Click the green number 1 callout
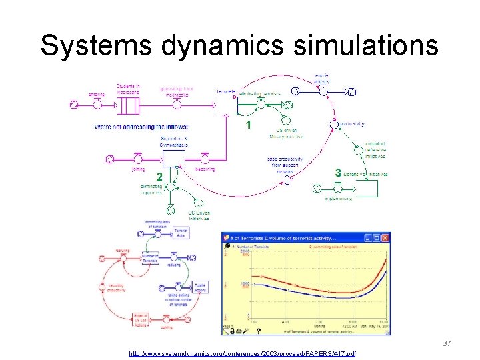click(247, 125)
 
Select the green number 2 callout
click(159, 177)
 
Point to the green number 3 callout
click(339, 173)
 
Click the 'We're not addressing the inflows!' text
click(141, 126)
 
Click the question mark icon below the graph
click(259, 329)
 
